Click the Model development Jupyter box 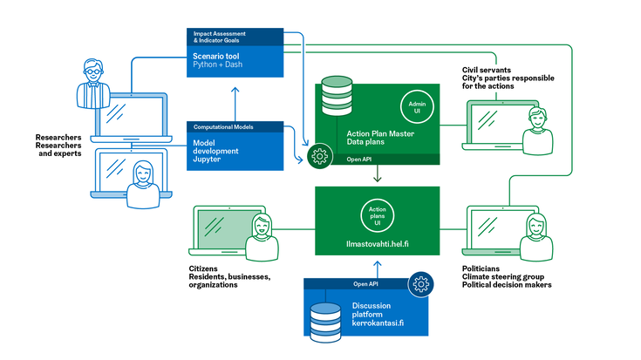pos(236,151)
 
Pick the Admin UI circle pos(415,106)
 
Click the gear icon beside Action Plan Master pos(318,157)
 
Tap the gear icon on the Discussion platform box pos(420,284)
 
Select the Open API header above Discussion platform pos(365,284)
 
